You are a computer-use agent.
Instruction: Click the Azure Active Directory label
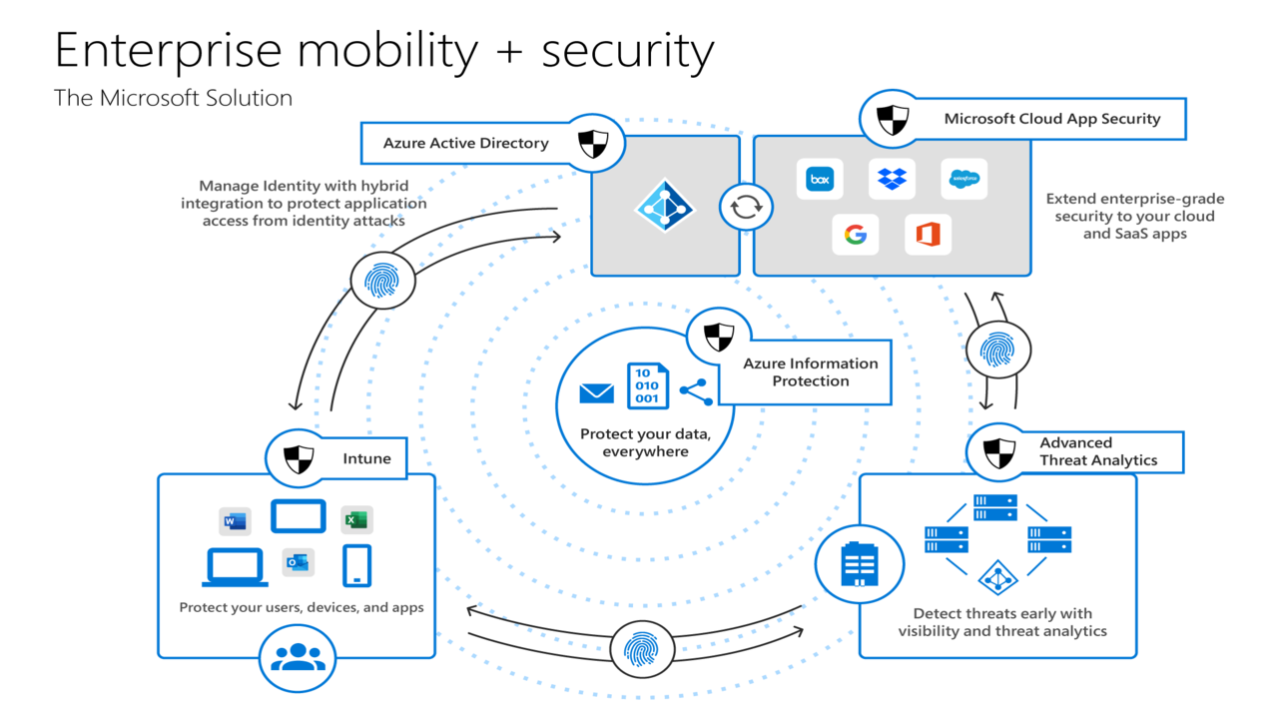tap(466, 143)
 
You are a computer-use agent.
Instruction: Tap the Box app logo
tap(820, 180)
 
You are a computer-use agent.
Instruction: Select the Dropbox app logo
tap(891, 180)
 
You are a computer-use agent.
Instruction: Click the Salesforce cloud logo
tap(963, 180)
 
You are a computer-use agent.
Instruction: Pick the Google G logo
tap(855, 236)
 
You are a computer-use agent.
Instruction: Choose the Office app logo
tap(928, 236)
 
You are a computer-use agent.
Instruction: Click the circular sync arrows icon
tap(746, 207)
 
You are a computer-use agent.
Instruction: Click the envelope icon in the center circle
tap(597, 392)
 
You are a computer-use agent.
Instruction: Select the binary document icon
tap(647, 386)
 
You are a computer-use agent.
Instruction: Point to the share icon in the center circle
tap(696, 391)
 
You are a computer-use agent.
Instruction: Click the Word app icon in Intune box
tap(235, 520)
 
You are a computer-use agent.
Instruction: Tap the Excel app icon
tap(355, 519)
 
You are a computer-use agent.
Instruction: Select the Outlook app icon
tap(298, 562)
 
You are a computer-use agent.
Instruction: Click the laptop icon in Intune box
tap(235, 567)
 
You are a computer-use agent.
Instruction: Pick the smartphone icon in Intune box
tap(356, 565)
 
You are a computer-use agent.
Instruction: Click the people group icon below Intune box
tap(298, 657)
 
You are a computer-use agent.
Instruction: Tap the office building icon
tap(859, 565)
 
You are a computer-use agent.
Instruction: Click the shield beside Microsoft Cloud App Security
tap(893, 120)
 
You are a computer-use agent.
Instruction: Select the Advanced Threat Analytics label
tap(1097, 451)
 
